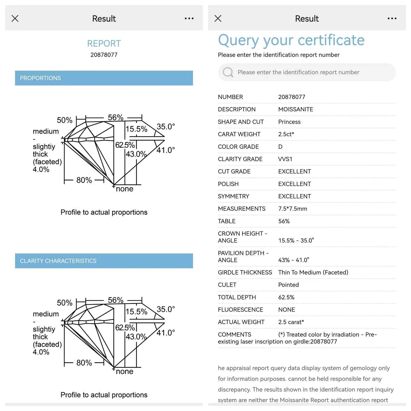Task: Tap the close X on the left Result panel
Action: click(x=15, y=18)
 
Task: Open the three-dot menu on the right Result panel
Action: click(x=392, y=18)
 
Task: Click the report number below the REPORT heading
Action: click(x=104, y=55)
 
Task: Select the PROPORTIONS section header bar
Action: click(x=104, y=78)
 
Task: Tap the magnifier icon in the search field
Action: click(x=228, y=72)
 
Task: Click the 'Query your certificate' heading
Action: click(x=291, y=40)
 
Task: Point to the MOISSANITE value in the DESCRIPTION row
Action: click(x=296, y=109)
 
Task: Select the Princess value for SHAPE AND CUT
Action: click(x=289, y=122)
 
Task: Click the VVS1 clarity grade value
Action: click(x=285, y=159)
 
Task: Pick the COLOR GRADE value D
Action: click(x=280, y=147)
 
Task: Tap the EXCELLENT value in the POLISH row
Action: click(x=294, y=184)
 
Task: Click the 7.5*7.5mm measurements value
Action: click(x=293, y=209)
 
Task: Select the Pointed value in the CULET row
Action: click(x=288, y=285)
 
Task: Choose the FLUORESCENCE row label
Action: click(x=240, y=310)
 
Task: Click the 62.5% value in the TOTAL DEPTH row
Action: click(x=286, y=297)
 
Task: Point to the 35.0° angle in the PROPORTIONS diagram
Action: click(x=166, y=126)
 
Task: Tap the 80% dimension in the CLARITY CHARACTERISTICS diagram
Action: click(x=84, y=363)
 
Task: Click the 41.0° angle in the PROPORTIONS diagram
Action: click(x=166, y=150)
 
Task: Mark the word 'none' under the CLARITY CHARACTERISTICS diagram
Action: click(x=125, y=371)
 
